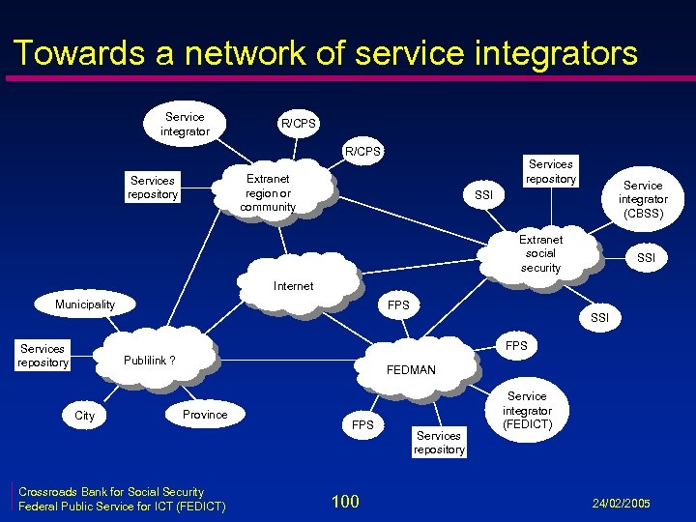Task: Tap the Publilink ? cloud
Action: click(x=150, y=361)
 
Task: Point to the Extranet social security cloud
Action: click(x=539, y=253)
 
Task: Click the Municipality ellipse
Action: click(x=85, y=304)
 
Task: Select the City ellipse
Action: click(x=85, y=416)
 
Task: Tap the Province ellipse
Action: click(x=205, y=415)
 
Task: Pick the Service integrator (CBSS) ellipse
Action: click(x=642, y=199)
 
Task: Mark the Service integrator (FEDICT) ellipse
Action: click(x=526, y=410)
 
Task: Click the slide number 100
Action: click(x=345, y=501)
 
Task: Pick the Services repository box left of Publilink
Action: click(x=43, y=356)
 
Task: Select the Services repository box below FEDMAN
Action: click(x=439, y=443)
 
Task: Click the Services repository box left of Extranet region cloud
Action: click(x=153, y=188)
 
